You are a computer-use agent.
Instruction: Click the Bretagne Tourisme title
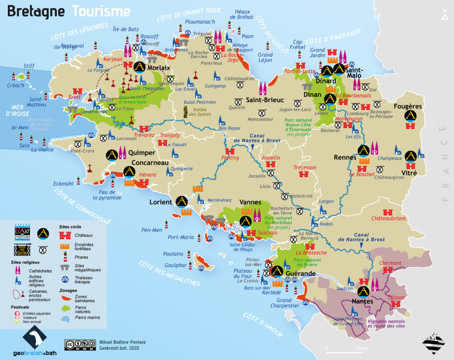(x=69, y=11)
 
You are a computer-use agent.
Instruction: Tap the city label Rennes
(x=345, y=157)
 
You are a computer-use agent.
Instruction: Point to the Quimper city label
(x=141, y=153)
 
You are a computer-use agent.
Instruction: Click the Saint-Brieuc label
(x=265, y=100)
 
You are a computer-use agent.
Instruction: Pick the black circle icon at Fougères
(x=411, y=116)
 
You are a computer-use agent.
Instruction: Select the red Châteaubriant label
(x=388, y=219)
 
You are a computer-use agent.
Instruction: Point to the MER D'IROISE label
(x=14, y=111)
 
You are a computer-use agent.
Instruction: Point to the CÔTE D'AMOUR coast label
(x=262, y=324)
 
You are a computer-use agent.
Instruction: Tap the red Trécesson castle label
(x=305, y=167)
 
